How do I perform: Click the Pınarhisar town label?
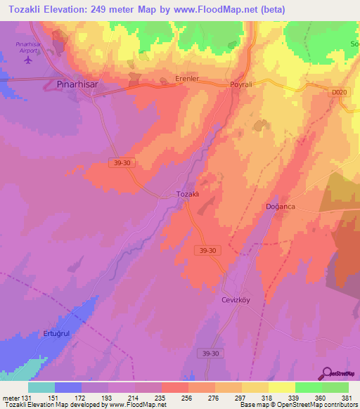coord(76,84)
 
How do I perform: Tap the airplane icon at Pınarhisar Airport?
coord(28,60)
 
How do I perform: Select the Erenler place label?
coord(188,80)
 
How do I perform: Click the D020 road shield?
coord(340,91)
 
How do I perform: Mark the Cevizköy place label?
coord(237,299)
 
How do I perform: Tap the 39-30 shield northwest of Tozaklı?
coord(121,162)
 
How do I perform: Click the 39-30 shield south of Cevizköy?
coord(210,353)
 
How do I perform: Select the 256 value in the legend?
coord(187,398)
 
